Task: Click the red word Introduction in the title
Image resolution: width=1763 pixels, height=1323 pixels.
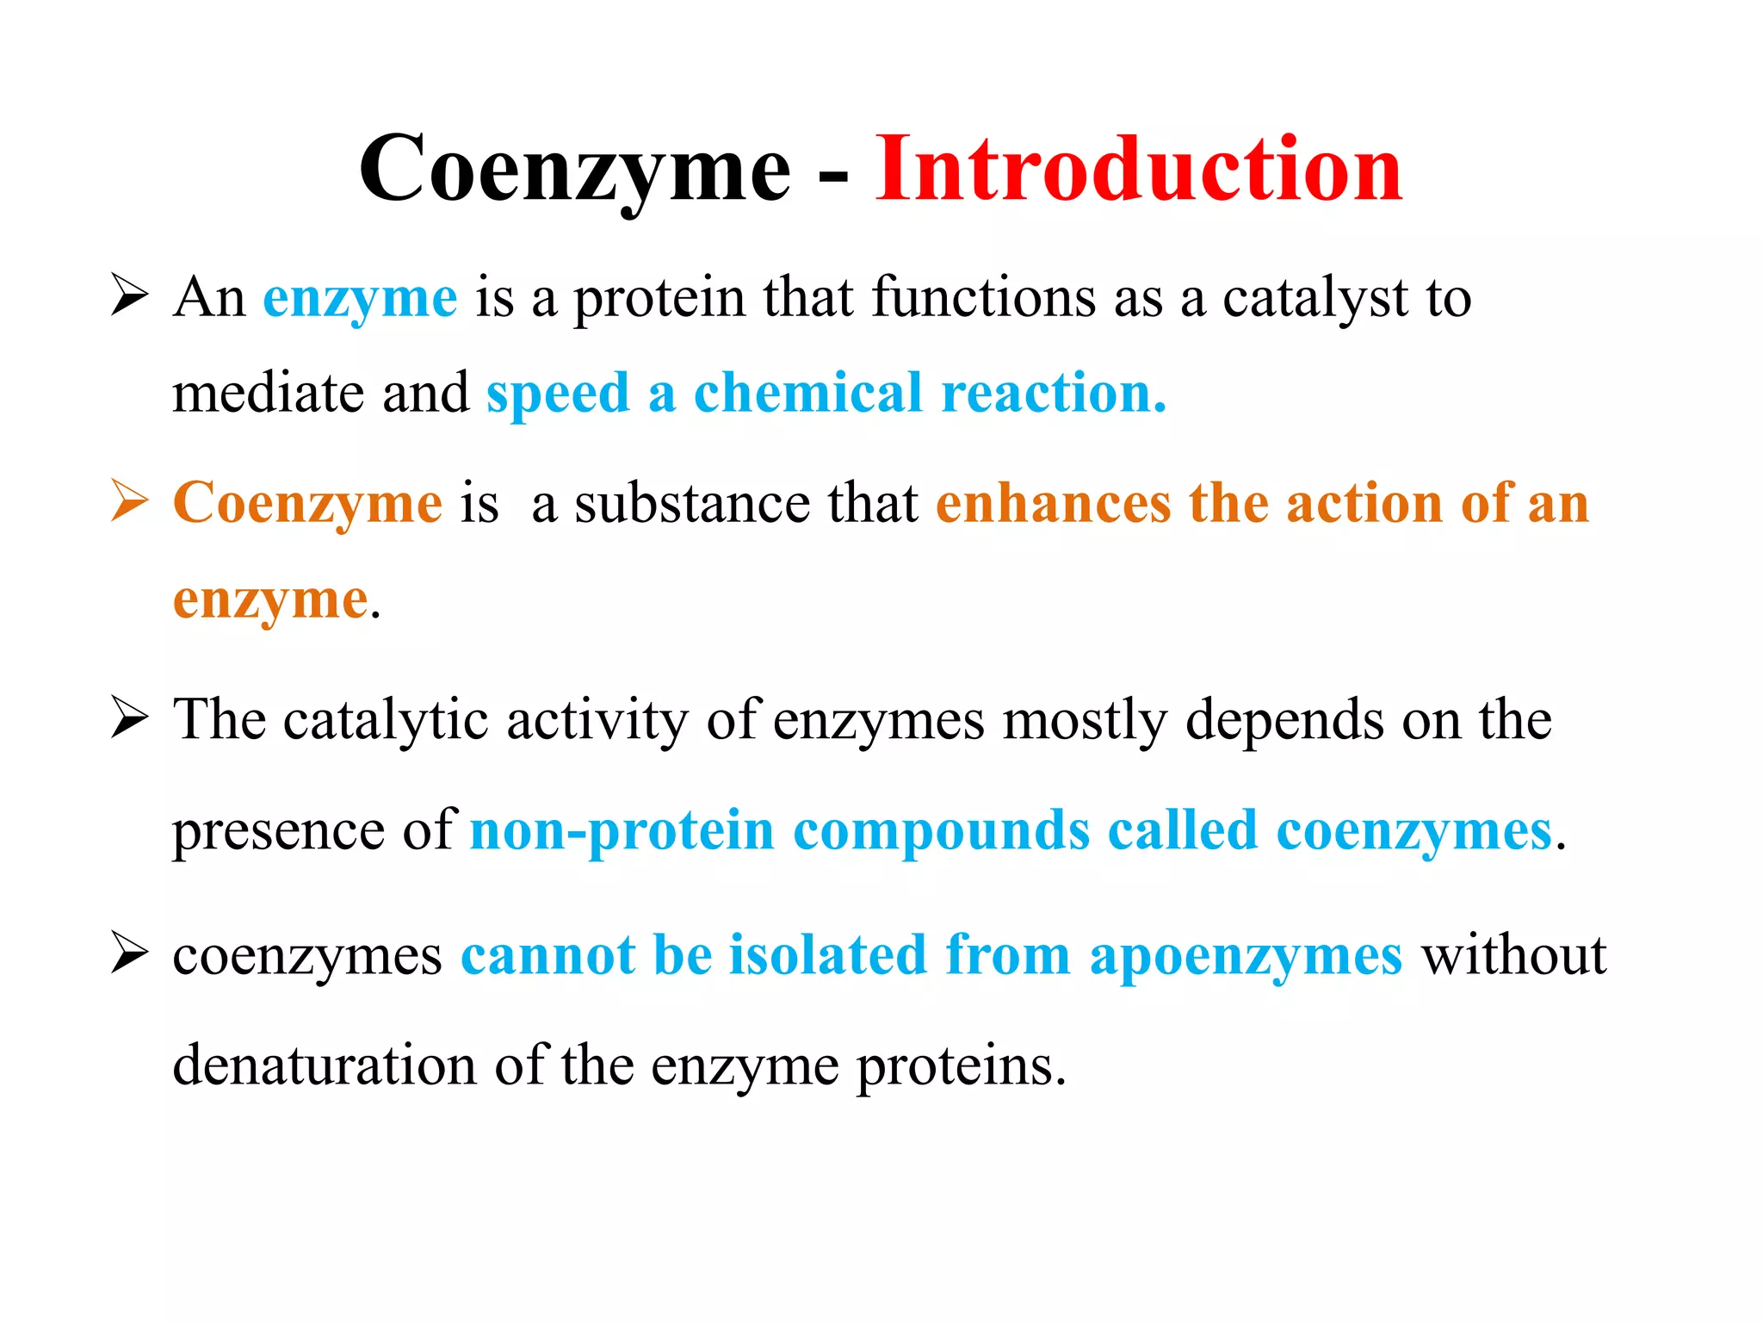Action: (1139, 170)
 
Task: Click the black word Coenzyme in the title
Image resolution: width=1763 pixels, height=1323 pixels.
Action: (574, 170)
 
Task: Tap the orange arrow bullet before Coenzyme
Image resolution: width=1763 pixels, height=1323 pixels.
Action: (129, 501)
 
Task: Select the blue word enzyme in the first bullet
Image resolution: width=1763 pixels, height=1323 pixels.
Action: (360, 299)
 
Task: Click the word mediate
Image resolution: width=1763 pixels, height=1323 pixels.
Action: (268, 393)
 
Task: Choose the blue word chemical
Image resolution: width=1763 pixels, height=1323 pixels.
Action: (807, 393)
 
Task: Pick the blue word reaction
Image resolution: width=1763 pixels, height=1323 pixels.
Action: (1053, 393)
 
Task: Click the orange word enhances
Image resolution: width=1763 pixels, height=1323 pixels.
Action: (1053, 503)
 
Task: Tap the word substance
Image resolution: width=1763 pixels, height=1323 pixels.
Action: (692, 503)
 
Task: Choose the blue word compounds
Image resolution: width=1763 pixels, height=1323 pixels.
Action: (941, 831)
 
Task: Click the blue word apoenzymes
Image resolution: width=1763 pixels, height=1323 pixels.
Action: (1246, 956)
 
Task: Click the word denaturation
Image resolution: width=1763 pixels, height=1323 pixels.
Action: (324, 1065)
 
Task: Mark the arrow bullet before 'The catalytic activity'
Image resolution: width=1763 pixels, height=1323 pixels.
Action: (129, 718)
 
